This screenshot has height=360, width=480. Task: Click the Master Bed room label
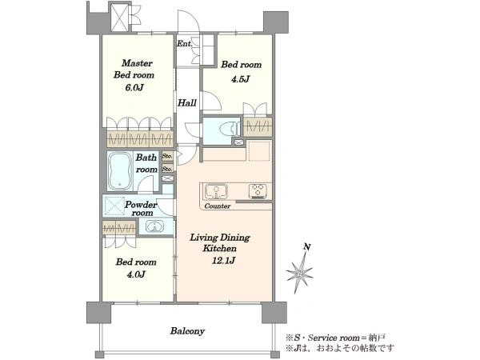[x=134, y=69]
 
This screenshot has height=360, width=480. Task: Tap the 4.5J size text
[x=240, y=79]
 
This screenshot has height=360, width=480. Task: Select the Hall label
[x=187, y=102]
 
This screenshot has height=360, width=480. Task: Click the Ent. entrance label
[x=185, y=44]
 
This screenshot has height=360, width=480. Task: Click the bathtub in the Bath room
[x=120, y=171]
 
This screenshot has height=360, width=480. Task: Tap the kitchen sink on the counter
[x=216, y=192]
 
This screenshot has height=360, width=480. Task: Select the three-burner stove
[x=258, y=190]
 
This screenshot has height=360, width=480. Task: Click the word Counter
[x=218, y=206]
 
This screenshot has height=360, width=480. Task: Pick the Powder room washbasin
[x=155, y=227]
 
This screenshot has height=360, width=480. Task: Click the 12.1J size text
[x=223, y=261]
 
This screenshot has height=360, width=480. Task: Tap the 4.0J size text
[x=136, y=274]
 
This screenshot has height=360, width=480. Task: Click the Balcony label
[x=187, y=331]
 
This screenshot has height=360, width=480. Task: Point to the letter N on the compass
[x=307, y=246]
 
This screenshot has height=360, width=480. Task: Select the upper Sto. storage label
[x=167, y=156]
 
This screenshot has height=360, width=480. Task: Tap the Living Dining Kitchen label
[x=220, y=242]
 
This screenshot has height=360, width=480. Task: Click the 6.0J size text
[x=134, y=88]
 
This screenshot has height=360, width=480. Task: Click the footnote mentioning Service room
[x=335, y=338]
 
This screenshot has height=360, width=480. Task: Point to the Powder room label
[x=141, y=209]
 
